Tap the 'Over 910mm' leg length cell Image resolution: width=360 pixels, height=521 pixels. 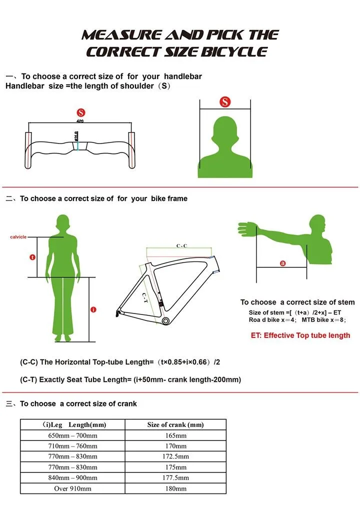[72, 488]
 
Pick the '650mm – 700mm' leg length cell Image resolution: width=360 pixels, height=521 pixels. [72, 435]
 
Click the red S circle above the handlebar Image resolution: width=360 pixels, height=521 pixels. [80, 112]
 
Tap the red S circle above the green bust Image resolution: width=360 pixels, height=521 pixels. [225, 102]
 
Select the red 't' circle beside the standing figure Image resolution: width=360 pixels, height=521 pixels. [32, 257]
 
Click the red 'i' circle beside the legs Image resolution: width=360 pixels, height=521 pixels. [93, 310]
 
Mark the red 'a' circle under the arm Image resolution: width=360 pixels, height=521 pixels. [282, 263]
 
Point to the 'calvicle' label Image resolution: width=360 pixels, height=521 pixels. [18, 237]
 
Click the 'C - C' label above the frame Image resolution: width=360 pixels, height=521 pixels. [181, 246]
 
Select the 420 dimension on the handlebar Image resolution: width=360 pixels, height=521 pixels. [79, 121]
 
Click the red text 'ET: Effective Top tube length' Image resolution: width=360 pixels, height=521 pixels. [300, 335]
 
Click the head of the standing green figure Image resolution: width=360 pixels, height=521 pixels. [62, 222]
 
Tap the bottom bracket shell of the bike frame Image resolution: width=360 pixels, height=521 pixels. [165, 320]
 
